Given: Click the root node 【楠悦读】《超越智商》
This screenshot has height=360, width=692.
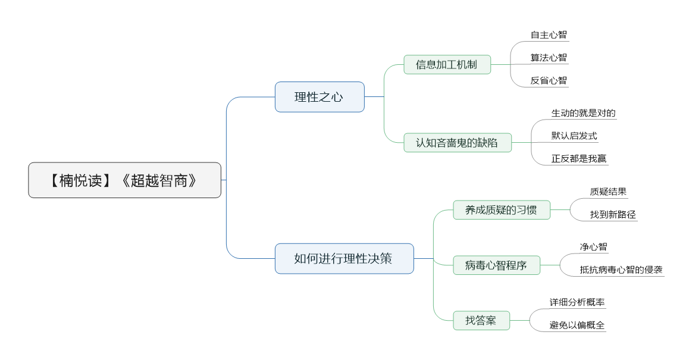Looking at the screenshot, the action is (x=124, y=180).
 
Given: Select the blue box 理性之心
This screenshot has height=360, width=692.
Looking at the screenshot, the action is (x=320, y=96).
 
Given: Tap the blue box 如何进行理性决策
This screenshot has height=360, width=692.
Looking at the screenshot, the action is (x=345, y=258).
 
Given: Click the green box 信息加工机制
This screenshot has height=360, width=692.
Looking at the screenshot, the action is (x=447, y=64).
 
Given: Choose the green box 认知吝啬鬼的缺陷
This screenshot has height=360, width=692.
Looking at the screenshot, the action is (x=458, y=142).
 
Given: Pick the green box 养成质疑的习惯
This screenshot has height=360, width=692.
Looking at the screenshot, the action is (x=502, y=210).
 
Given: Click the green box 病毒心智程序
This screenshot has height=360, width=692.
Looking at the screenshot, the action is (x=496, y=265).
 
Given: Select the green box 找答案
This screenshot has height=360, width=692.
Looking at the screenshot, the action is (x=481, y=320).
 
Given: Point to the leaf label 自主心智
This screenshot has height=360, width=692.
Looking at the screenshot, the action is (x=549, y=35).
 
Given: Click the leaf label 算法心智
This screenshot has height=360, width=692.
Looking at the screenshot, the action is (x=549, y=58).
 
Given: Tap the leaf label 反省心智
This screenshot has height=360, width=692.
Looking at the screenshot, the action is (x=549, y=81).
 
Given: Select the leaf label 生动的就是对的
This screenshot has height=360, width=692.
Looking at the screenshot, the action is (x=584, y=113).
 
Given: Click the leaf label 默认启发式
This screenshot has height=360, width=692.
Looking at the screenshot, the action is (x=574, y=136).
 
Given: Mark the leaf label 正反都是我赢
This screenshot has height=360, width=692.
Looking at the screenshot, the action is (x=579, y=159).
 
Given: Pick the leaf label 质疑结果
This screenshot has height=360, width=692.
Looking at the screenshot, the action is (x=608, y=192).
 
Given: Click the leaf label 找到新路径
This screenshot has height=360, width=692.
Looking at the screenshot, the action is (x=613, y=215).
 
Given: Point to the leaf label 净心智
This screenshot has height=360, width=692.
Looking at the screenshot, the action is (x=594, y=247).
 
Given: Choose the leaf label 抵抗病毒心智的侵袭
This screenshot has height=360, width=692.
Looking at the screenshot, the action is (x=621, y=270).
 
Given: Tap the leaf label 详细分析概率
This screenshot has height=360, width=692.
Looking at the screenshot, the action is (x=577, y=302).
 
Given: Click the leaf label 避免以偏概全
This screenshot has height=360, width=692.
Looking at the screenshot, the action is (x=577, y=325).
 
